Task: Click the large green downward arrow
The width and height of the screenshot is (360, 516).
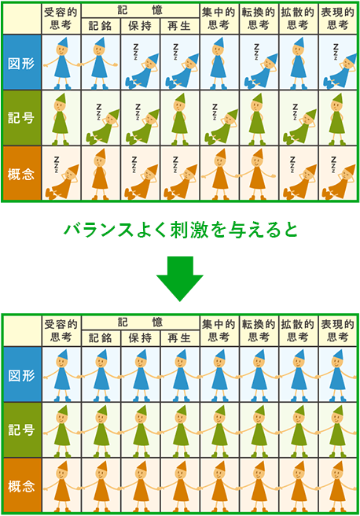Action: point(179,278)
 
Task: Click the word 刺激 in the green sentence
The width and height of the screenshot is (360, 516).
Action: point(189,230)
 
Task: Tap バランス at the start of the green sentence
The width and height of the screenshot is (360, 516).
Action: point(98,230)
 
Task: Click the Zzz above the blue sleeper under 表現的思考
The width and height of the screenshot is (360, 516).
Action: point(336,52)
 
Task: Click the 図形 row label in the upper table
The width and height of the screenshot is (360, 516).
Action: point(21,63)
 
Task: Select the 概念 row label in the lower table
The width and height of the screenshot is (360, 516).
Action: point(21,486)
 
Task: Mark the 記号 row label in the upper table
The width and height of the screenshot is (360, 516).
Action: point(21,117)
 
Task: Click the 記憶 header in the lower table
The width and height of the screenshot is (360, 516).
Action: point(141,322)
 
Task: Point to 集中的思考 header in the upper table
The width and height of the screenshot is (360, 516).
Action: point(219,18)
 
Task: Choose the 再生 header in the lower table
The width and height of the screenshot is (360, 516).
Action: point(179,338)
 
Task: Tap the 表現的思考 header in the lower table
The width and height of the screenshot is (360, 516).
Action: point(338,330)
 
